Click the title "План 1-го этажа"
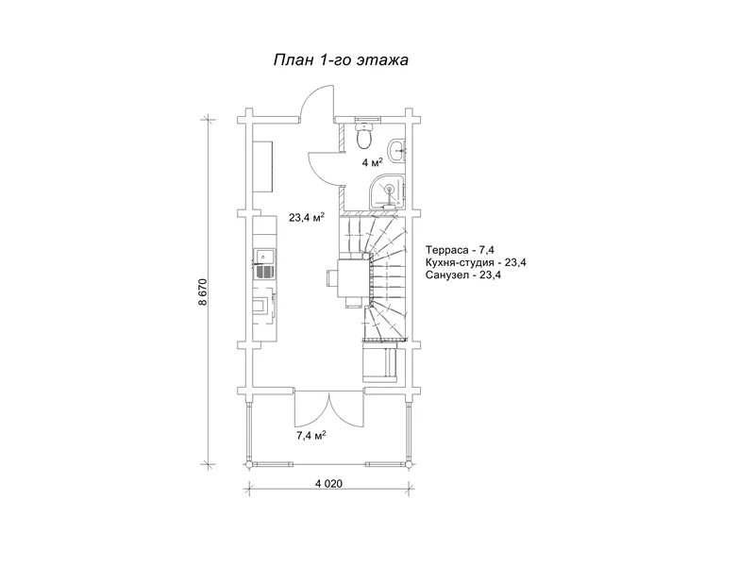(341, 60)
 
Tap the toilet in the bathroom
(364, 134)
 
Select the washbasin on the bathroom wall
(397, 150)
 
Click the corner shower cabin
(388, 191)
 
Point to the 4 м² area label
(372, 162)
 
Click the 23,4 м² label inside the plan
(306, 218)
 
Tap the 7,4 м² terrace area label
(311, 436)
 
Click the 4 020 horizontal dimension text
(328, 483)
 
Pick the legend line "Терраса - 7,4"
(460, 250)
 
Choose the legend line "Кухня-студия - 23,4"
(476, 263)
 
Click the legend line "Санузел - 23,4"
(463, 275)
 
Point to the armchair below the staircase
(379, 361)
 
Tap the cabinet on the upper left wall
(263, 166)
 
